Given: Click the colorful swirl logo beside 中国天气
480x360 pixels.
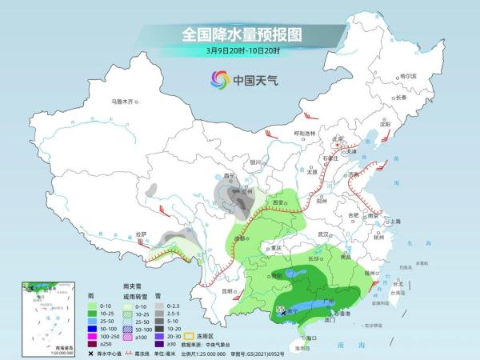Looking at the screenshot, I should [x=219, y=79].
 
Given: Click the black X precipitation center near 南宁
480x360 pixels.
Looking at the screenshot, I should [x=282, y=314].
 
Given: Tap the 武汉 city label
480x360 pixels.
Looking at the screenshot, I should [x=323, y=234].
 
